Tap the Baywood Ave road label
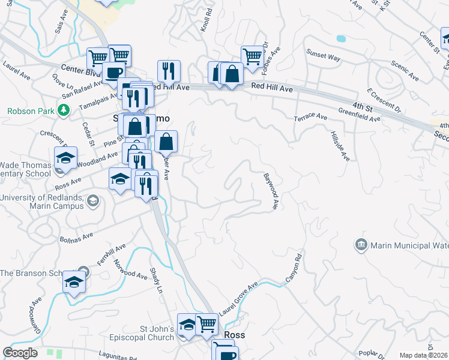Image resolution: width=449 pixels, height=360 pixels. (271, 191)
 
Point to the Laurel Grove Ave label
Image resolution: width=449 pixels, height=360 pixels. (238, 299)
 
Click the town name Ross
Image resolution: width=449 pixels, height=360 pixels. (234, 335)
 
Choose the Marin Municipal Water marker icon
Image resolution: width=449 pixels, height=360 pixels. (361, 245)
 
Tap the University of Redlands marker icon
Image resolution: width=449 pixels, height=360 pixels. (92, 200)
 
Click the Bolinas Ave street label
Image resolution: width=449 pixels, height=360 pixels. (77, 235)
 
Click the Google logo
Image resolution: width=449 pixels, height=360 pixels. (20, 353)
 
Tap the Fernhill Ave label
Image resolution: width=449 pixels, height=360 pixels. (111, 255)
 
